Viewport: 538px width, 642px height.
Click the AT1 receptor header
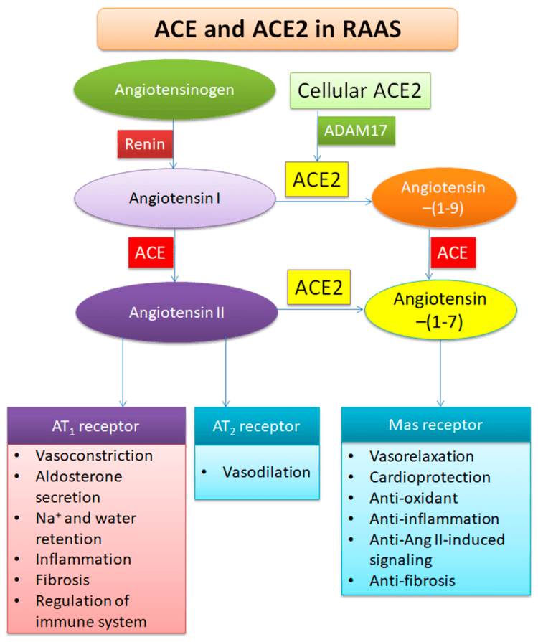[97, 427]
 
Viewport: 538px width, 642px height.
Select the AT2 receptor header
[256, 427]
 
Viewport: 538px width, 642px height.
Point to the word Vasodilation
[266, 472]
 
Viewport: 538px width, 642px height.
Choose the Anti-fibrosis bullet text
[412, 581]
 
